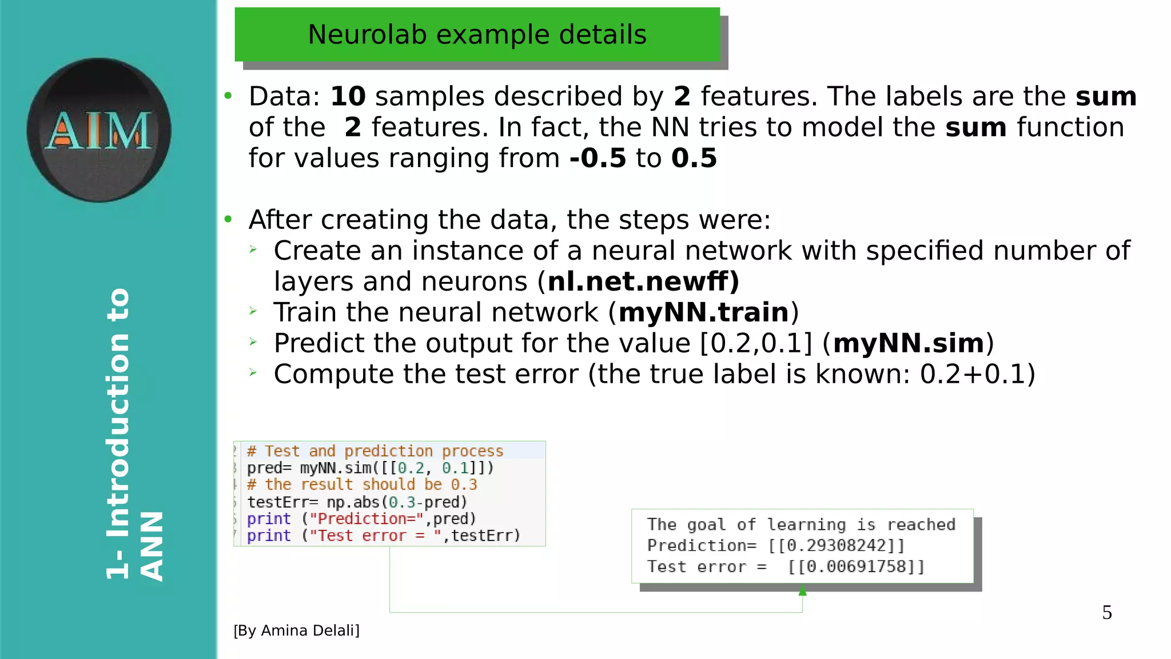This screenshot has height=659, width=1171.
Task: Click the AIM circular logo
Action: pos(99,130)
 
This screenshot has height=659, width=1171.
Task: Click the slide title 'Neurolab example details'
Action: pos(477,34)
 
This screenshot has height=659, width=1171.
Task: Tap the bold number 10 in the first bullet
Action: pos(348,96)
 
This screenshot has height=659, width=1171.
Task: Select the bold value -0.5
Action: pos(598,158)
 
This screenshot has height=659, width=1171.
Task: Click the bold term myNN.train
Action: pos(703,312)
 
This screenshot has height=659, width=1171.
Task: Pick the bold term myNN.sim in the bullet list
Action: pos(909,343)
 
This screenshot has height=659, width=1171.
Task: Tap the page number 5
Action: pos(1107,613)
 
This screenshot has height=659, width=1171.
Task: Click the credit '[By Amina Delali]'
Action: pos(296,630)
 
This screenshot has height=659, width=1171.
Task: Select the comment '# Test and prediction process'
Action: pos(375,451)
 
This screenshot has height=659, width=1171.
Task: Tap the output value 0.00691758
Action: pos(856,567)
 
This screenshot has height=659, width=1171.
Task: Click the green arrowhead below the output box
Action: pos(803,590)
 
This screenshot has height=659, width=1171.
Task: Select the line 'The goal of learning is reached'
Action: pos(801,525)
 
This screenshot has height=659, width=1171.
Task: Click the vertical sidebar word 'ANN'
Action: pos(152,546)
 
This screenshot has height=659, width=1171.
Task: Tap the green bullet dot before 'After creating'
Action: pos(228,219)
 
